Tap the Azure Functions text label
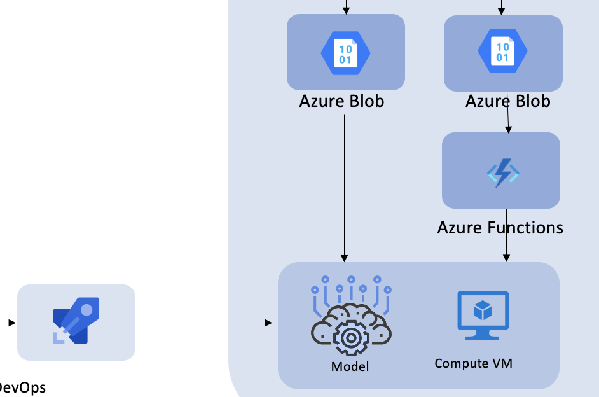[x=500, y=227]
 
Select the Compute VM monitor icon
[x=483, y=315]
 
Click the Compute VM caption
[x=473, y=363]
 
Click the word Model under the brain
[x=350, y=366]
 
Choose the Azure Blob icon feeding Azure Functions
[x=502, y=52]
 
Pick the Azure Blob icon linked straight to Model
[x=345, y=52]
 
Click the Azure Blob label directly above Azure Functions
[x=507, y=101]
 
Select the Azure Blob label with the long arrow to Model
[x=341, y=101]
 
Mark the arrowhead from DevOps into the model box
[x=268, y=323]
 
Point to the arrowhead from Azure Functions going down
[x=506, y=258]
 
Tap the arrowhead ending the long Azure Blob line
[x=345, y=258]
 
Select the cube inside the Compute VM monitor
[x=483, y=310]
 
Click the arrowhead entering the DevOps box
[x=12, y=323]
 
